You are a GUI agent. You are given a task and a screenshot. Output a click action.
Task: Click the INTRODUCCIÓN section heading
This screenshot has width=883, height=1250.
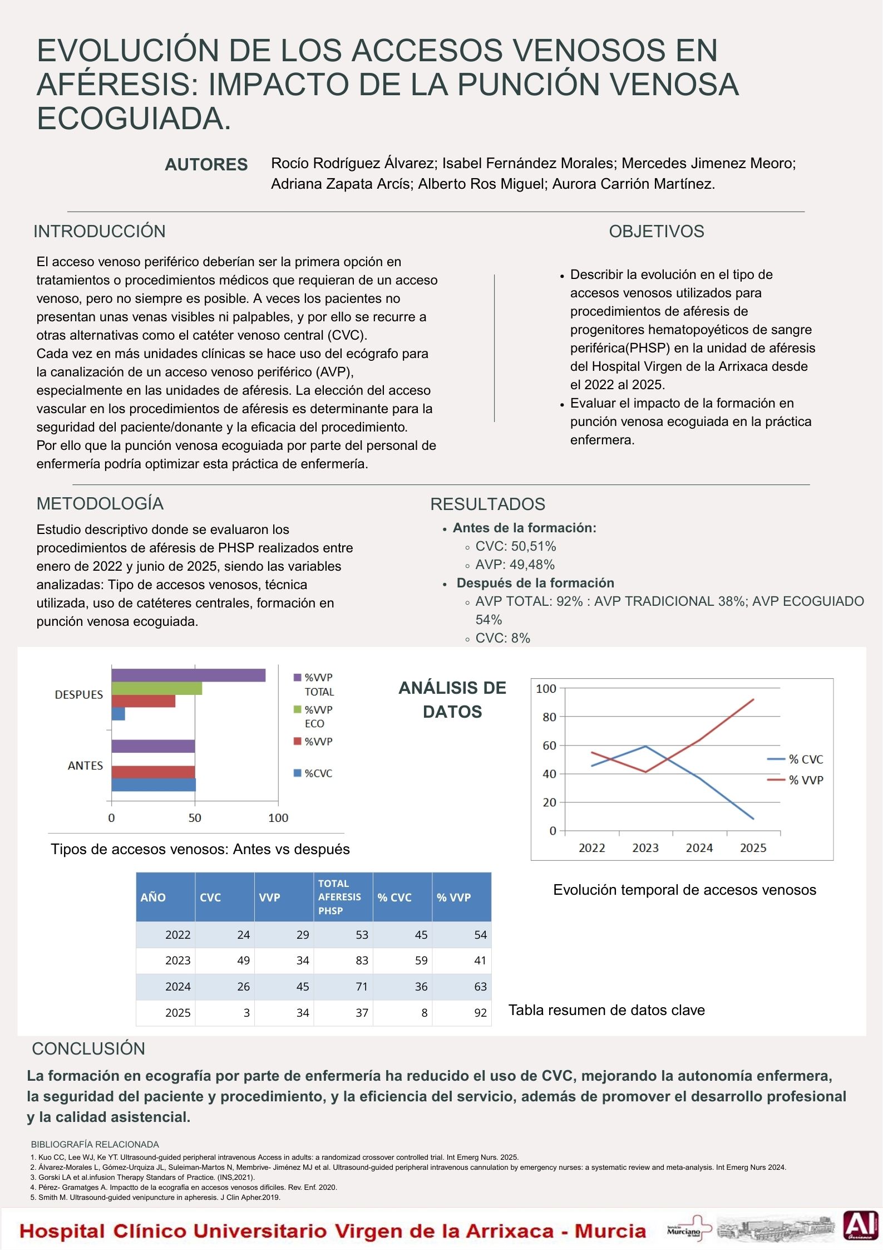click(100, 232)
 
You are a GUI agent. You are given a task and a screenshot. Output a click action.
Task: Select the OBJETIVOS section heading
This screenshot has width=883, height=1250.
click(656, 232)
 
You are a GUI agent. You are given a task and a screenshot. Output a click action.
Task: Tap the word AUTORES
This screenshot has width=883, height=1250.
click(206, 165)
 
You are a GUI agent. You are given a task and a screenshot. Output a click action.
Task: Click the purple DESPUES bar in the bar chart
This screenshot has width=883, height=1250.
click(188, 675)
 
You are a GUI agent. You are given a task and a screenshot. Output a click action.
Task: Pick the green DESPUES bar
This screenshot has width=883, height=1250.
click(156, 689)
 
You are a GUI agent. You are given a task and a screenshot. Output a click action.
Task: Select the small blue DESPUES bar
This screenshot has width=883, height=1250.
click(118, 714)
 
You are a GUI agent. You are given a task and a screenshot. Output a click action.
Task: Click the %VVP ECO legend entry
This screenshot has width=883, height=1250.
click(314, 717)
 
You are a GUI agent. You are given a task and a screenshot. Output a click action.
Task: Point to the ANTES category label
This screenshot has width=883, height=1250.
click(85, 766)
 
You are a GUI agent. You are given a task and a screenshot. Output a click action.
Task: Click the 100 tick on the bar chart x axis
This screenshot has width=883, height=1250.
click(278, 818)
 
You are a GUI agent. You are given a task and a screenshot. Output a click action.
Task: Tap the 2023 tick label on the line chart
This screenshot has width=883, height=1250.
click(645, 848)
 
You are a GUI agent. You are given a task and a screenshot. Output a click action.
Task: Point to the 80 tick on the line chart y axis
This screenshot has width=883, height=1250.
click(549, 717)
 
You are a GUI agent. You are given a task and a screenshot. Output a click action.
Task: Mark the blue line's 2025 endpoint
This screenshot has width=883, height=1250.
click(753, 818)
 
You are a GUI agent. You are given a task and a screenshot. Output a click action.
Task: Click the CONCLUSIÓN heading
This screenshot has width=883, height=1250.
click(88, 1048)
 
